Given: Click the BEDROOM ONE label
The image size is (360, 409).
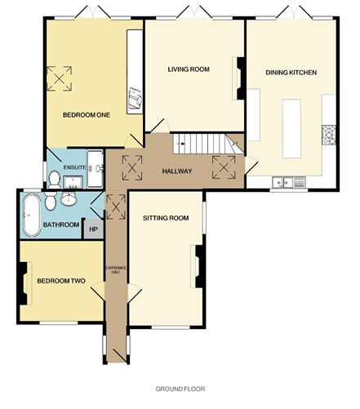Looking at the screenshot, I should [x=86, y=115].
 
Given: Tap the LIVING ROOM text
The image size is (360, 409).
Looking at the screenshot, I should [x=189, y=70].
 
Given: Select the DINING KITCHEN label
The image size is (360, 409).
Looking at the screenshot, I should [x=291, y=73].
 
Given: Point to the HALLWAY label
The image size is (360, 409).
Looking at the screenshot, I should [x=177, y=171].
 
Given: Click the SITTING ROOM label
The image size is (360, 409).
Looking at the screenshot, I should [x=166, y=218].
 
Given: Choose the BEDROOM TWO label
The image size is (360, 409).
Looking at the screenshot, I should [x=62, y=281].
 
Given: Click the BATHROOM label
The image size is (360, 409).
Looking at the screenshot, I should [x=61, y=225].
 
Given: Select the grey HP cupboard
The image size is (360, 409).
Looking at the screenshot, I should [x=94, y=229].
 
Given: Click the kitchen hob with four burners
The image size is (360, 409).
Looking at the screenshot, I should [x=330, y=133].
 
